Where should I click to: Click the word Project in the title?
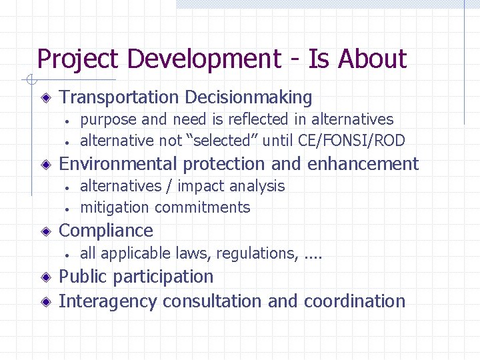click(x=79, y=59)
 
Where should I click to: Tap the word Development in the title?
click(x=204, y=59)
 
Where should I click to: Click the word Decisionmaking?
click(x=249, y=97)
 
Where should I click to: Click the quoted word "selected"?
click(x=221, y=140)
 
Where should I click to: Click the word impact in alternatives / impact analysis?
click(x=199, y=186)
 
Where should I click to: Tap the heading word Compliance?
click(x=106, y=231)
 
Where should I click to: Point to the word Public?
click(x=83, y=277)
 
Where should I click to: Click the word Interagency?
click(x=108, y=301)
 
